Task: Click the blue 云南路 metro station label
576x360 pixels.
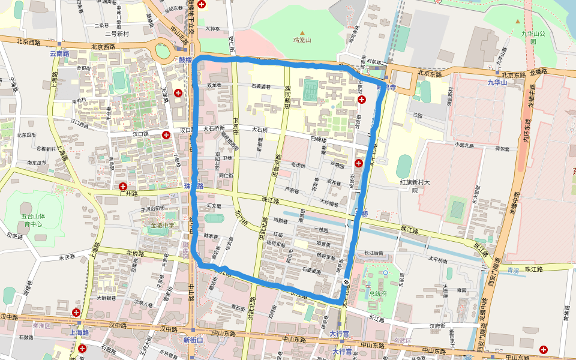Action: (x=59, y=53)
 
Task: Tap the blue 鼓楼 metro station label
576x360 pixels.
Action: (x=185, y=60)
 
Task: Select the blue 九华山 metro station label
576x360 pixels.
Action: (x=497, y=83)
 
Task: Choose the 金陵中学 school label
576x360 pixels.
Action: (x=163, y=226)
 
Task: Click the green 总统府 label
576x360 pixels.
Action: (x=378, y=293)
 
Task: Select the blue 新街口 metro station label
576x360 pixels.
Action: (x=193, y=340)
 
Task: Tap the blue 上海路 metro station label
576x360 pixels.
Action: (x=79, y=332)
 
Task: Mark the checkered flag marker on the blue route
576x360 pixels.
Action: (x=347, y=282)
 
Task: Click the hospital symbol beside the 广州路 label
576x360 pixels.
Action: (x=122, y=187)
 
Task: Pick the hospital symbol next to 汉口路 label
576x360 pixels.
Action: (x=166, y=135)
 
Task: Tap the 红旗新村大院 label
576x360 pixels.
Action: (x=416, y=185)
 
